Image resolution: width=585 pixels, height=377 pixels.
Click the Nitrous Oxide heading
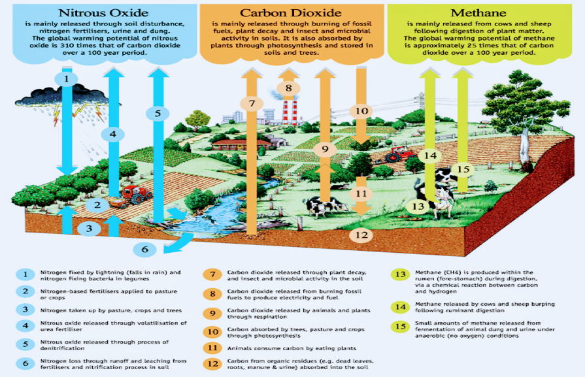(x=103, y=13)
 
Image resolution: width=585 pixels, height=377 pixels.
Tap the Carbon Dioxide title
(x=291, y=13)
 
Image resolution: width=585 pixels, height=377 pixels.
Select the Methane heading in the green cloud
(x=478, y=13)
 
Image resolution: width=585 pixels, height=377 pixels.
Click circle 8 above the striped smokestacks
(x=288, y=88)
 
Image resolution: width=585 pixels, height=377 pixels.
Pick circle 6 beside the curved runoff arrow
(x=144, y=249)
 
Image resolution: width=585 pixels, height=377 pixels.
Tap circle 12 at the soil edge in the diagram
(x=361, y=235)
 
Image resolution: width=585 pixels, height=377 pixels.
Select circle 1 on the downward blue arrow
(x=67, y=79)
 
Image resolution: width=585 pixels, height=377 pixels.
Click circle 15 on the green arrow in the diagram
(x=463, y=169)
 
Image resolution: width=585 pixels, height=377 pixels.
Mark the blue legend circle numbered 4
(x=25, y=326)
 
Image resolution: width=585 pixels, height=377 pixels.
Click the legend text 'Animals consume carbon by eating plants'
(x=292, y=348)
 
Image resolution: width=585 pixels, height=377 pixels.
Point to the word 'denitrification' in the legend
(x=62, y=348)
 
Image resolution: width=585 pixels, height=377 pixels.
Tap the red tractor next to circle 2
(x=135, y=195)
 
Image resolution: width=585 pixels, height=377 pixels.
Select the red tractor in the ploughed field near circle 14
(x=400, y=154)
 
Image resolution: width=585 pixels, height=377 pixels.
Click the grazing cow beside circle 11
(x=326, y=206)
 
